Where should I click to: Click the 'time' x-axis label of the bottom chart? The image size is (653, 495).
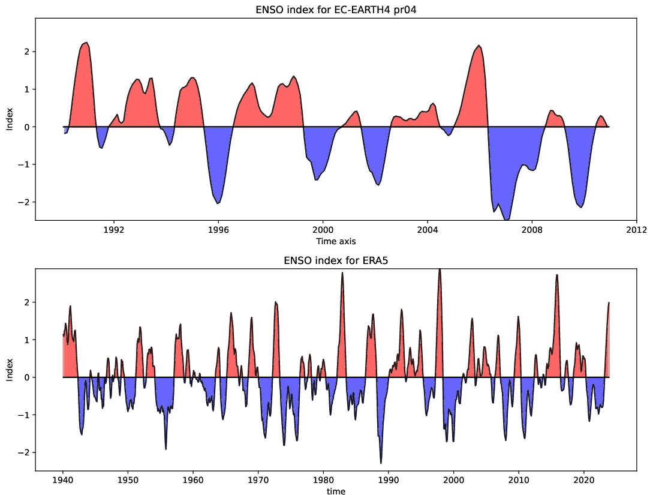click(335, 491)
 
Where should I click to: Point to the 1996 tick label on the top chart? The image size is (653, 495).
click(218, 230)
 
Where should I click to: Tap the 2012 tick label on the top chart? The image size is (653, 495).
click(636, 230)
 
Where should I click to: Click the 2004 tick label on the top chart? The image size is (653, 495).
click(427, 230)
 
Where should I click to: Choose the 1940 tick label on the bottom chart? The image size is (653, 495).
click(63, 480)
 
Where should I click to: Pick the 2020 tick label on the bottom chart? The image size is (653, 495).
click(584, 480)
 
